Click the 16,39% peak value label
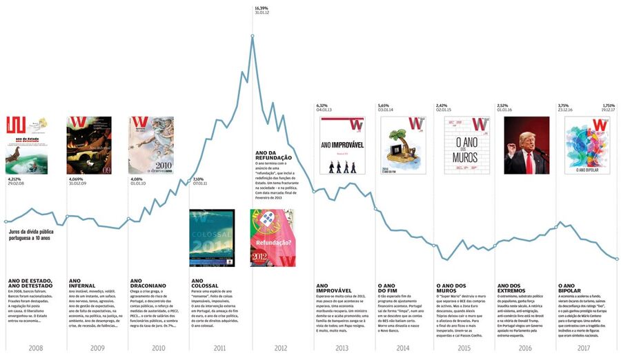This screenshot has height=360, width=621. coord(261,8)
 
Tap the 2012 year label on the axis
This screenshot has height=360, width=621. coord(281,348)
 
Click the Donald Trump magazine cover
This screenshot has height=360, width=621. coord(526,145)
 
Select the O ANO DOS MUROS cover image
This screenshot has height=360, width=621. coord(464,145)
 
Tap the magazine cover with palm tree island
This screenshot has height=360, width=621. coord(403,145)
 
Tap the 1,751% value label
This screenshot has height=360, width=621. coord(608,106)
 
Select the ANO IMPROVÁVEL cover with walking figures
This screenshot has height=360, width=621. coord(342,145)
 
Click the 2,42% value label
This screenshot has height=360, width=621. coord(442,106)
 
